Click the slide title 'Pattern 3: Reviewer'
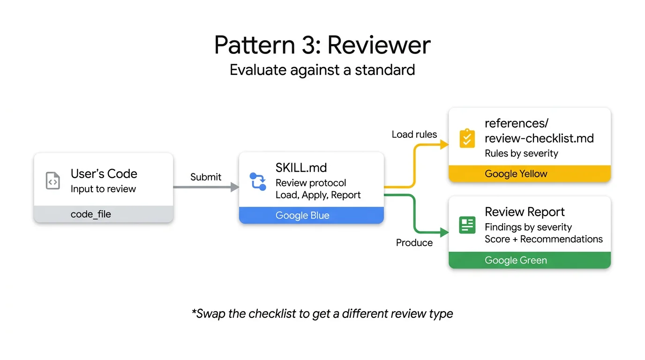(x=322, y=45)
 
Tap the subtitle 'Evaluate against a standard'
(x=322, y=70)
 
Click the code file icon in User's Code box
(x=53, y=180)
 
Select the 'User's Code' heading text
(x=104, y=173)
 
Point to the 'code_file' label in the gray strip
(x=91, y=214)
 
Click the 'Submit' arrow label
(x=206, y=177)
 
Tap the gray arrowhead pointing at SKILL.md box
(x=234, y=187)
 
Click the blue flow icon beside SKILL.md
(x=258, y=181)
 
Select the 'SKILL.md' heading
(x=301, y=167)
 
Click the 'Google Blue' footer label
(x=302, y=216)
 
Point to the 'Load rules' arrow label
(x=414, y=135)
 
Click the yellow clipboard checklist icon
(x=467, y=139)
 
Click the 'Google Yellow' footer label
(x=516, y=174)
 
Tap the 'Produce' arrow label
(x=414, y=242)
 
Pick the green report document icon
(x=467, y=225)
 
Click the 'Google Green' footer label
(x=516, y=260)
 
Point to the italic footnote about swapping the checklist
(x=322, y=314)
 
